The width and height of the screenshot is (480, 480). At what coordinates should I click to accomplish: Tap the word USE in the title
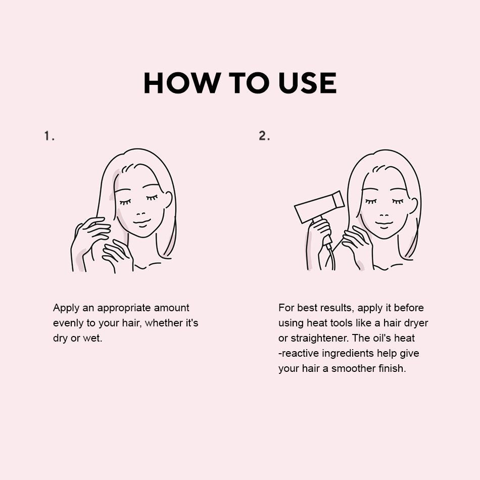point(308,83)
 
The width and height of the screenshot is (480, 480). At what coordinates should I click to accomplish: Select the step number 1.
point(49,136)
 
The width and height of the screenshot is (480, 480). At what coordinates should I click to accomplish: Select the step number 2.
point(264,136)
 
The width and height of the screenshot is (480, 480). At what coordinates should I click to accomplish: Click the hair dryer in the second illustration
point(318,211)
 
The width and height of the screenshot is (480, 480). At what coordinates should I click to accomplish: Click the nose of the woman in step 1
point(140,213)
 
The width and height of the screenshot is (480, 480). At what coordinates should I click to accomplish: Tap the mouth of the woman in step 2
point(383,224)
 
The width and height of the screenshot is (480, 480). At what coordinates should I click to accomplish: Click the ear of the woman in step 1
point(168,202)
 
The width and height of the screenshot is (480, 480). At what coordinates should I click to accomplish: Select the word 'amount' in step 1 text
point(171,308)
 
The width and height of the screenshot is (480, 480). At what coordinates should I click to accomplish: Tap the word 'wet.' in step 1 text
point(92,338)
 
